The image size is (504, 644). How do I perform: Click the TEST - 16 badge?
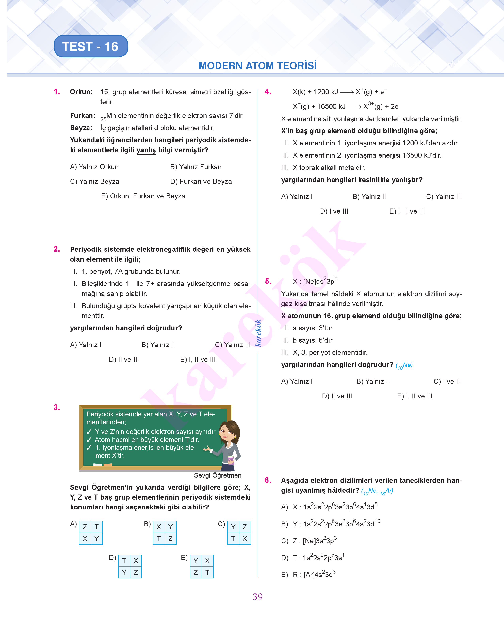coord(91,46)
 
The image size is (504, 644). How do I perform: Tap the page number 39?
coord(258,597)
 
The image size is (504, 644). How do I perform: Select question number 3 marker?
coord(57,407)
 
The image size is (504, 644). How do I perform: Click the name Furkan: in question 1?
coord(83,116)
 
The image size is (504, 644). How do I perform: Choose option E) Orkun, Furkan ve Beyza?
coord(143,196)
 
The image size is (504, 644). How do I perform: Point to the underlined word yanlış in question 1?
coord(146,150)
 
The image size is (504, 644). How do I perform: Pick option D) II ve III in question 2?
coord(124,359)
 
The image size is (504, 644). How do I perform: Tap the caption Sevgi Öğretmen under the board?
coord(218,475)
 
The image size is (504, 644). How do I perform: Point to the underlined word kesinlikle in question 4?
coord(374,180)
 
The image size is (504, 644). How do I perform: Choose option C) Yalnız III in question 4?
coord(444,197)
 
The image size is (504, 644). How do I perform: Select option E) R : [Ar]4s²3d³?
coord(309,575)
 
